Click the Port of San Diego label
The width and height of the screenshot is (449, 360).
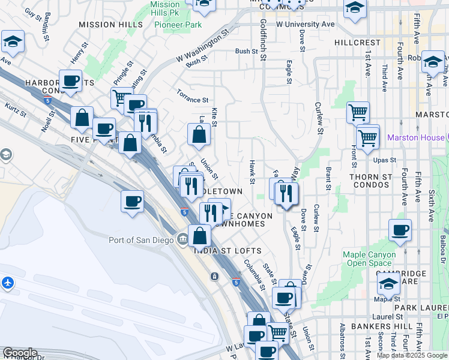(142, 240)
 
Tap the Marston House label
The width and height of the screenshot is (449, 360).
(416, 137)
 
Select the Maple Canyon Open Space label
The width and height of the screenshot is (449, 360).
(370, 259)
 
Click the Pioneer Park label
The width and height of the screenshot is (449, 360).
(178, 25)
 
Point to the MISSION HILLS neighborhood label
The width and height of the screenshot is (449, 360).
(111, 25)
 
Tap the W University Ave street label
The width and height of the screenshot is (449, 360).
(305, 24)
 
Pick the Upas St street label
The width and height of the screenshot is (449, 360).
(385, 160)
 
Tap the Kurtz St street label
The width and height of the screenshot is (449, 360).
(16, 110)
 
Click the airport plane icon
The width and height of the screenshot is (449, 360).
(7, 283)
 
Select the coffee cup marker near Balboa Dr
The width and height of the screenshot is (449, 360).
(400, 230)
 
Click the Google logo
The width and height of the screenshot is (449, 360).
(19, 353)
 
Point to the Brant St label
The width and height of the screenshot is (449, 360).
(328, 179)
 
